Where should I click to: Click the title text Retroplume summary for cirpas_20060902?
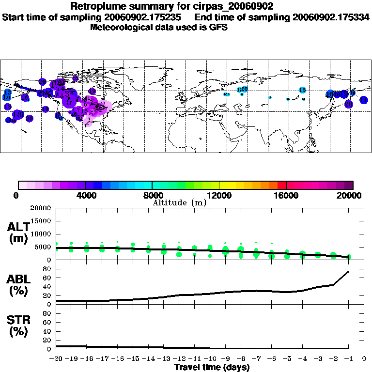click(x=172, y=6)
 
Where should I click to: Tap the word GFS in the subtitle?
click(x=217, y=27)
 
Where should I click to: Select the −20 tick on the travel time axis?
click(x=56, y=358)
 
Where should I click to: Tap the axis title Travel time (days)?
click(x=212, y=368)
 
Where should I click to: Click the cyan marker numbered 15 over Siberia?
click(x=302, y=90)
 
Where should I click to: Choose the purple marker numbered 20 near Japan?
click(x=348, y=104)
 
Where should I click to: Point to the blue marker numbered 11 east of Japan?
click(x=363, y=100)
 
